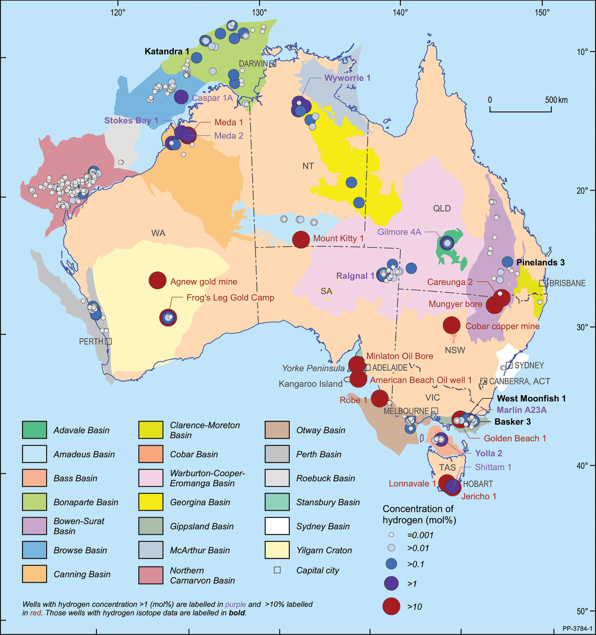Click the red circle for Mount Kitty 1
tap(301, 239)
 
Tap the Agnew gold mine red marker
tap(157, 280)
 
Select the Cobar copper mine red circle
tap(451, 325)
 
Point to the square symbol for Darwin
tap(273, 64)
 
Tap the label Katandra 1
tap(167, 51)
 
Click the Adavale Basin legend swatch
tap(34, 430)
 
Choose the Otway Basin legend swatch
tap(277, 430)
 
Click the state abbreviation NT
tap(308, 166)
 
